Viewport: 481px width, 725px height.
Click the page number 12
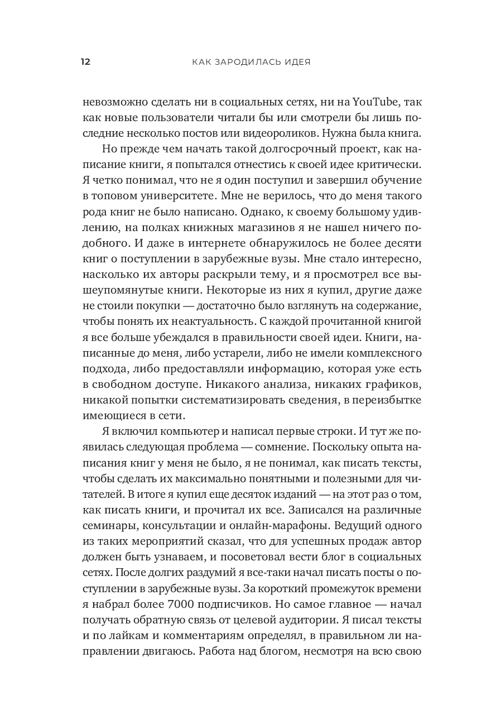coord(85,62)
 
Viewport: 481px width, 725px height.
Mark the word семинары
coord(107,527)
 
